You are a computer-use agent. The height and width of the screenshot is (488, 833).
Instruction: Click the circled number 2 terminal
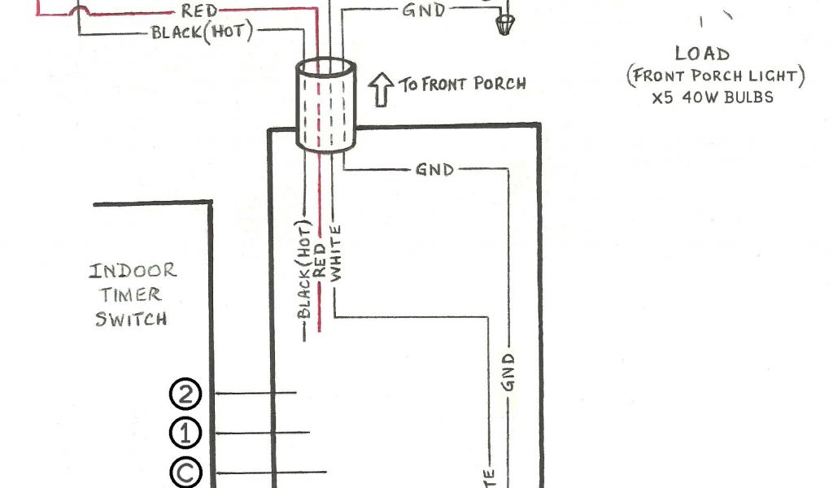tap(185, 394)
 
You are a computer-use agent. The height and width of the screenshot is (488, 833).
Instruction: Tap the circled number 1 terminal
tap(185, 433)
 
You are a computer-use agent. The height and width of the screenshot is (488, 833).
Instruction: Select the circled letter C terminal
tap(185, 473)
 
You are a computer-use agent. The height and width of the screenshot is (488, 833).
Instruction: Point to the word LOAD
tap(702, 54)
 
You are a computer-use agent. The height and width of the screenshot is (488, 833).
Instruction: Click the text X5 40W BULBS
tap(712, 97)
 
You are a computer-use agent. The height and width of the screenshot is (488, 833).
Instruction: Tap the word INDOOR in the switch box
tap(133, 271)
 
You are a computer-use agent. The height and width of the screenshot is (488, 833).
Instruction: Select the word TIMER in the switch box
tap(131, 294)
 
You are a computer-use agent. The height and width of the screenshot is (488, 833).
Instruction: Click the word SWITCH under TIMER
tap(131, 318)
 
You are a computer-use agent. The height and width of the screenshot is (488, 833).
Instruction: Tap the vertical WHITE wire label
tap(336, 253)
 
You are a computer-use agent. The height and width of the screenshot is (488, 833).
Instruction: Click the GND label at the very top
tap(423, 11)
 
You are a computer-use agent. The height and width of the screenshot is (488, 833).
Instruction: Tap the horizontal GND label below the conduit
tap(435, 170)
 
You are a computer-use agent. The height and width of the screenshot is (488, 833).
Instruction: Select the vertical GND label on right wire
tap(510, 373)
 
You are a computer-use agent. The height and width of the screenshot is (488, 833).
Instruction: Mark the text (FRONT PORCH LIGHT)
tap(715, 76)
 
